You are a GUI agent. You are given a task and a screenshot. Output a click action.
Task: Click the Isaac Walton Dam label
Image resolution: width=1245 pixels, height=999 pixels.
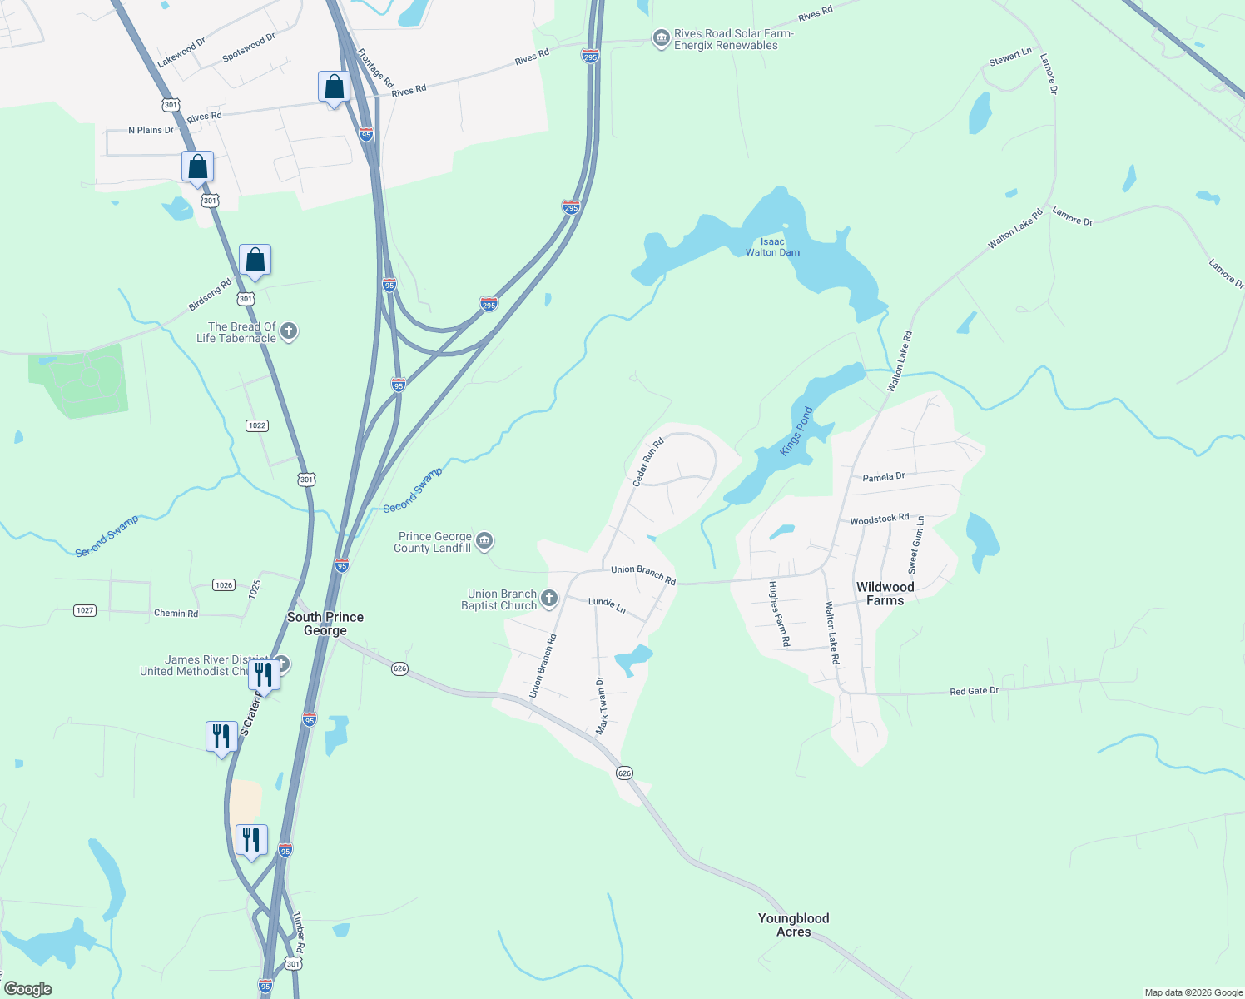coord(772,247)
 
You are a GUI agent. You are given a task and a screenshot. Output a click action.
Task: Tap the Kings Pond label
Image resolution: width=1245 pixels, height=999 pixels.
coord(796,431)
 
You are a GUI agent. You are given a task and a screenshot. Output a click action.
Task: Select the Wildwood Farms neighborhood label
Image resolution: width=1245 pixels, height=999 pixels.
coord(885,594)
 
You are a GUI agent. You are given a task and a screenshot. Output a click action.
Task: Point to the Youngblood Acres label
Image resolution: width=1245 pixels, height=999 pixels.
coord(793,925)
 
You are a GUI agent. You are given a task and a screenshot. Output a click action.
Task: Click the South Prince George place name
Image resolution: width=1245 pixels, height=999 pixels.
coord(325,624)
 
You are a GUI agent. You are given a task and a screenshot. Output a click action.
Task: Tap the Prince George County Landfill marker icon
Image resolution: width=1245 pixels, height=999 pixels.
coord(484,542)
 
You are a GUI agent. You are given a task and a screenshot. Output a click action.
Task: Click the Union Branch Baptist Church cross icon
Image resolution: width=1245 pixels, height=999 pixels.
coord(549,599)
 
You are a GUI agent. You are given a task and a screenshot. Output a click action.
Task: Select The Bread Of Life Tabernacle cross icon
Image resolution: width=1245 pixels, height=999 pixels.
coord(289,331)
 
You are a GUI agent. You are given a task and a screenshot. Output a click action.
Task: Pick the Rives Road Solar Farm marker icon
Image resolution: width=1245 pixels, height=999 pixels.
coord(661,38)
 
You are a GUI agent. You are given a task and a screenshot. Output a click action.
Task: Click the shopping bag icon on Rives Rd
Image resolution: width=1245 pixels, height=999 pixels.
coord(334,87)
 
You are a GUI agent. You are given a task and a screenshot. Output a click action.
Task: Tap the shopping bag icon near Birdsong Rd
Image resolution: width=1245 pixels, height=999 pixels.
coord(255,261)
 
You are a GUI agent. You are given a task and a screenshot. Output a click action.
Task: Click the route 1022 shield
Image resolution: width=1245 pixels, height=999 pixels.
coord(257,425)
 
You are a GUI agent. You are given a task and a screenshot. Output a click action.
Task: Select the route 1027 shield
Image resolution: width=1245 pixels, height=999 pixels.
coord(85,610)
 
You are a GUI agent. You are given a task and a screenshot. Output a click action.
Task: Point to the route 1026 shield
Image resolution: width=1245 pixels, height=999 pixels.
coord(224,585)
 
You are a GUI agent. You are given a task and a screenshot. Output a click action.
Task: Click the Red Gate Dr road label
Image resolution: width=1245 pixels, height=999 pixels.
coord(974,691)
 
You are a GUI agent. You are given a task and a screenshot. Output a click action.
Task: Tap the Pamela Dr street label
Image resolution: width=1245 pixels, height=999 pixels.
coord(883,477)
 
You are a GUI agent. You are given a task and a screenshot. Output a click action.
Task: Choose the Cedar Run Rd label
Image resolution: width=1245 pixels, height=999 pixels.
coord(647,463)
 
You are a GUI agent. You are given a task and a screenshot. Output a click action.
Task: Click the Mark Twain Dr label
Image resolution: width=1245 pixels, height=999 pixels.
coord(601,706)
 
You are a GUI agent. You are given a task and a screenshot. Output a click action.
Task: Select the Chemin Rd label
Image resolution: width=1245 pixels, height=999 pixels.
coord(176,614)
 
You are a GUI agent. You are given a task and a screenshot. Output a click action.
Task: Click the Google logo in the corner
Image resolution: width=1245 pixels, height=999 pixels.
coord(28,989)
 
